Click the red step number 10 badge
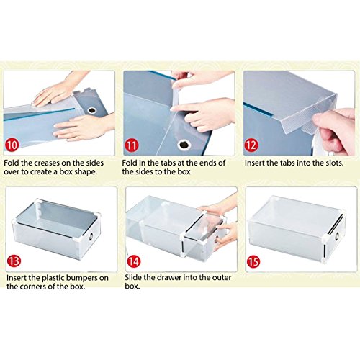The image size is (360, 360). (12, 145)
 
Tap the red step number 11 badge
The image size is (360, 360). (132, 145)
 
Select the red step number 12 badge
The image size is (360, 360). (251, 145)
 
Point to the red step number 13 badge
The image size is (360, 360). (14, 261)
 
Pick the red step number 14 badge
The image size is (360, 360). (133, 261)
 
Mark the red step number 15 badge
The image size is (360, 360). (253, 261)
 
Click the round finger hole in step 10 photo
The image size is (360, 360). (92, 110)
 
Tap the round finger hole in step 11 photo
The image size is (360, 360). (184, 145)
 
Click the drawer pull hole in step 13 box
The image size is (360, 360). (91, 236)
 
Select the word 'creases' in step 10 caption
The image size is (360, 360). (47, 163)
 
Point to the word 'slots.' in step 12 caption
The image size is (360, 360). (335, 163)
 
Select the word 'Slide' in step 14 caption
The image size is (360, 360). (133, 278)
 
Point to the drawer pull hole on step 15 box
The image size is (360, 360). (337, 237)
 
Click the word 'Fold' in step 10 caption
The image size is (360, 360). (12, 163)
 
